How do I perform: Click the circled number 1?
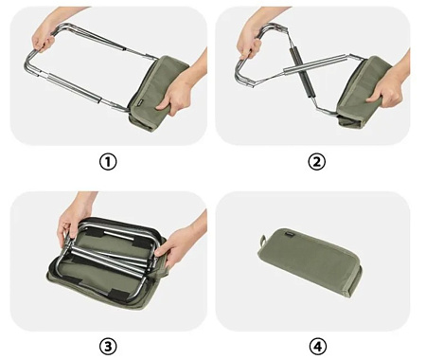click(109, 162)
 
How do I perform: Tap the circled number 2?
click(316, 162)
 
